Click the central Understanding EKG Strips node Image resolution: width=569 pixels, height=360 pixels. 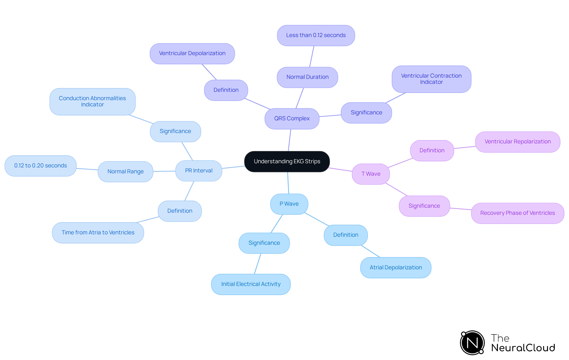click(287, 161)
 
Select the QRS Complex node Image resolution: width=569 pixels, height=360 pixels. click(292, 119)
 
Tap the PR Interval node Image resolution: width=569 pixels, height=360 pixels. click(199, 171)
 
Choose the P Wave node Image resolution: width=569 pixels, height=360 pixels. click(289, 204)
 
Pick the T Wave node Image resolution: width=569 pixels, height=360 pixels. click(371, 174)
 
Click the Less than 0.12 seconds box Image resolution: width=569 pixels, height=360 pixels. click(316, 35)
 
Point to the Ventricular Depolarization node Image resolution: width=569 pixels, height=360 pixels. click(192, 53)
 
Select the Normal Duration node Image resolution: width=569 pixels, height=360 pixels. click(307, 77)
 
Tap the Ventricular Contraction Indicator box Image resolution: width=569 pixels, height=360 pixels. click(431, 79)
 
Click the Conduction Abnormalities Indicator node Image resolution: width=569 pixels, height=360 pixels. click(92, 101)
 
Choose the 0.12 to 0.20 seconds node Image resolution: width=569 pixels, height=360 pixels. click(41, 166)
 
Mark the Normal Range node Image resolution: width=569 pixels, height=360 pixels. click(125, 172)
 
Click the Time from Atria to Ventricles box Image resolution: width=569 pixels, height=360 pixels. click(98, 233)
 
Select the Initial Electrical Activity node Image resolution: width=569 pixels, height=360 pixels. click(251, 284)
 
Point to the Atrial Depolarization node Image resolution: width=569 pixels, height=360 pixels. click(396, 268)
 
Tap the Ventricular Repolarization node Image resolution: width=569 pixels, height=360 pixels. click(517, 142)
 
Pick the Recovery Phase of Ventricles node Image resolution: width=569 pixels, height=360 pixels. click(517, 213)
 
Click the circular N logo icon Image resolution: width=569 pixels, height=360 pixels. click(472, 343)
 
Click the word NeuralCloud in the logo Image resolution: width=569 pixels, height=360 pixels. click(523, 348)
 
